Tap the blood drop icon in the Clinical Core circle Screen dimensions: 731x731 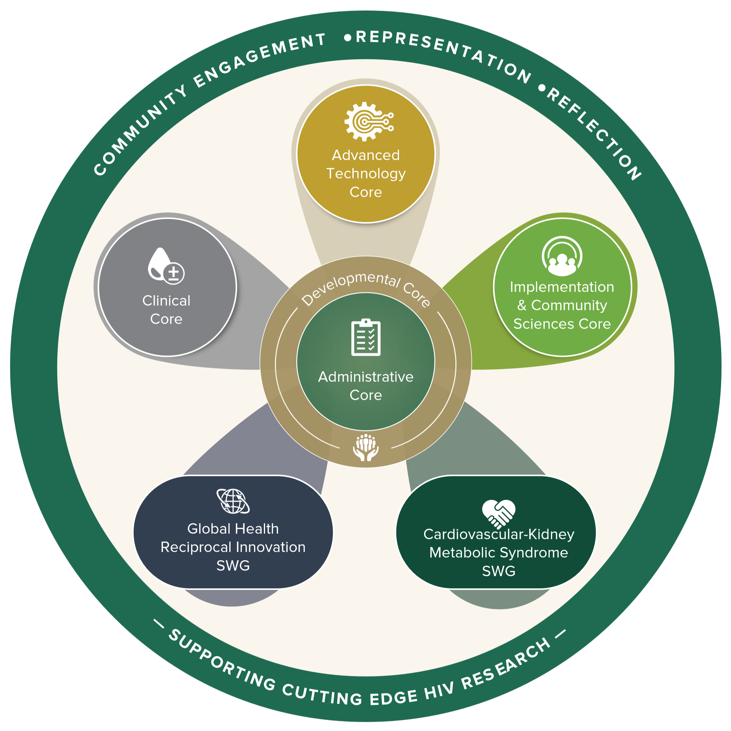[166, 266]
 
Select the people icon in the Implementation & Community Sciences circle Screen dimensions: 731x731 [562, 256]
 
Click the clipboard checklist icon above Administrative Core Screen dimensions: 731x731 [366, 337]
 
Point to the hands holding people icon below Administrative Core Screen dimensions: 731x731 [366, 447]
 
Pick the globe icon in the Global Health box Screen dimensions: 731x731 [233, 501]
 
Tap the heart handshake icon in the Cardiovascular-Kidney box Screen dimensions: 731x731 [499, 513]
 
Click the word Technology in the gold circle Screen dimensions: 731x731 [366, 174]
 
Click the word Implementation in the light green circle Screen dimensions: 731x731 [562, 287]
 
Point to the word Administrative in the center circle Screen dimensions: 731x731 [366, 377]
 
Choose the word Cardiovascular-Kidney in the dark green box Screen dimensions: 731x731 [499, 534]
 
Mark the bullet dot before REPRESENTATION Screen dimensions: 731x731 [347, 38]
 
